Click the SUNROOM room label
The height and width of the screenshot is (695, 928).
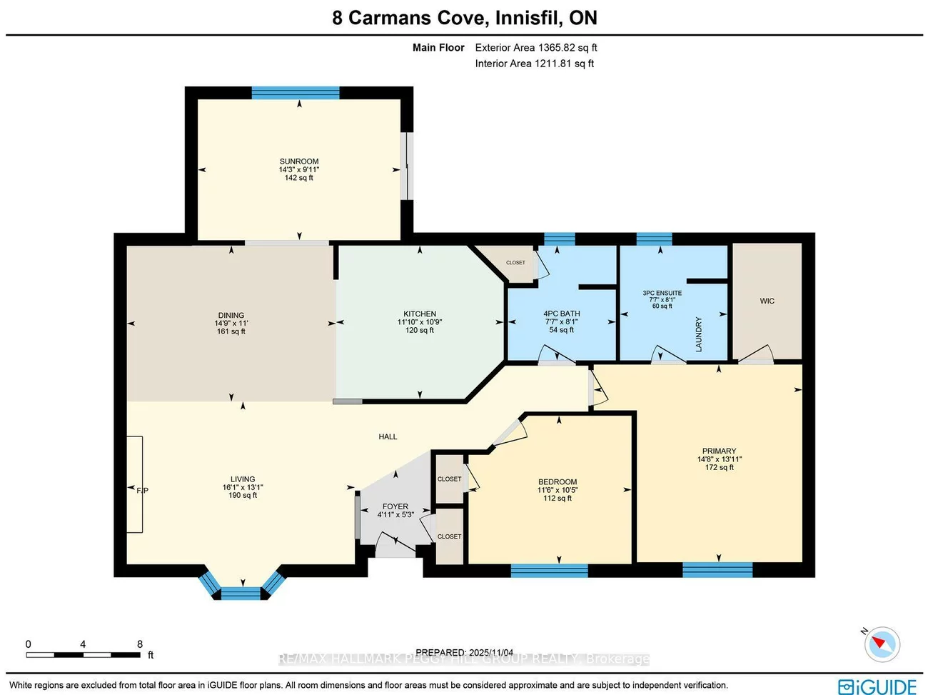tap(299, 161)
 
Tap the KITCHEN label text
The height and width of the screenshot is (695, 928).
tap(420, 314)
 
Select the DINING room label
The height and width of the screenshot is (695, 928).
tap(231, 315)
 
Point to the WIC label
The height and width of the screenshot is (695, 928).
tap(767, 301)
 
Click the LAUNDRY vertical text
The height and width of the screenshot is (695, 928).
tap(699, 334)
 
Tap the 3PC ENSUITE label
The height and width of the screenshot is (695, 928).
tap(662, 293)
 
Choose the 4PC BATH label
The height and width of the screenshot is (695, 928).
tap(562, 314)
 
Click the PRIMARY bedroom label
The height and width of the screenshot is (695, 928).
tap(719, 451)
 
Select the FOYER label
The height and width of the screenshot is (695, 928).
tap(395, 506)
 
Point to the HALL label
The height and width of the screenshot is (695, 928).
tap(388, 436)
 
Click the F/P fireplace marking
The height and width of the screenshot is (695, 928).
tap(142, 490)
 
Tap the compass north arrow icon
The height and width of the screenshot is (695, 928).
tap(882, 644)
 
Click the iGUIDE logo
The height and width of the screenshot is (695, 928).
tap(877, 686)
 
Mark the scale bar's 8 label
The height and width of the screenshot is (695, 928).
tap(140, 644)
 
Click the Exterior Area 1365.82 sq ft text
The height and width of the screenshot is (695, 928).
tap(536, 48)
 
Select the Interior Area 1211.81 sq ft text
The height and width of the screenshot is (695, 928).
tap(535, 64)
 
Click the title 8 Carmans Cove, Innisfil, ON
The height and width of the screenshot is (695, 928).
tap(464, 18)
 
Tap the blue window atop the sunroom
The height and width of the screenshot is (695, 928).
tap(296, 93)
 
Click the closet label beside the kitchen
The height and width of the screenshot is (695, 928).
tap(515, 263)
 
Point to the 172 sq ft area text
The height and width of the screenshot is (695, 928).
tap(719, 467)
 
